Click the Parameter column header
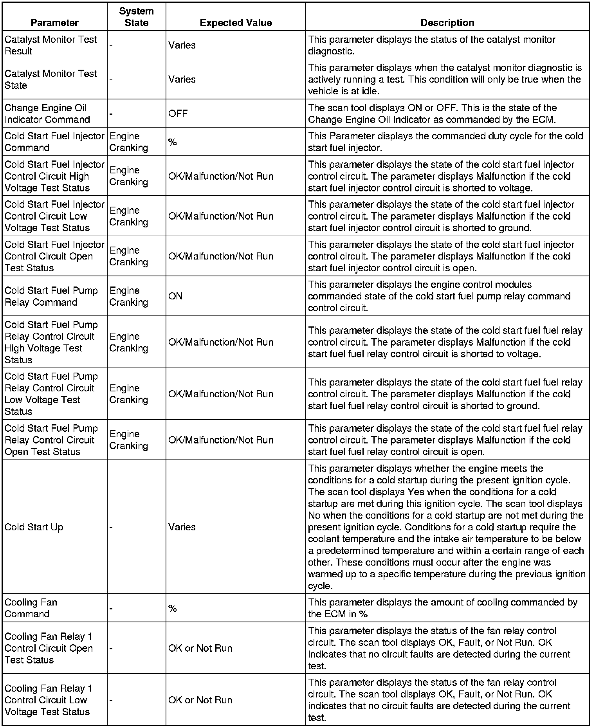click(x=54, y=23)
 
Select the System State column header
click(x=136, y=17)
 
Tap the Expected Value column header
click(x=236, y=23)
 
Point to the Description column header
click(x=447, y=23)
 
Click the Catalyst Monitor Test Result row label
click(x=50, y=45)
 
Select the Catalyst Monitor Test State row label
click(x=50, y=79)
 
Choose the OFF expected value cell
click(x=178, y=114)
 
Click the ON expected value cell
click(x=175, y=296)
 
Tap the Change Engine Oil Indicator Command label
click(x=47, y=114)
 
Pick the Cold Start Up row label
click(x=34, y=527)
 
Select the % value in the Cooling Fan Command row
click(x=172, y=608)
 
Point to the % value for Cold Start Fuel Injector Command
click(x=172, y=142)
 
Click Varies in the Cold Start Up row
click(x=182, y=527)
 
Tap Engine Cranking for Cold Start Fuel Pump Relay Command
click(x=129, y=296)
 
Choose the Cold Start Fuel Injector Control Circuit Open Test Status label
click(x=54, y=256)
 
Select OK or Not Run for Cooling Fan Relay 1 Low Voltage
click(x=200, y=700)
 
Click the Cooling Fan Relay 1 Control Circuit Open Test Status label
click(x=49, y=648)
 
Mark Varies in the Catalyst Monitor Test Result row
click(x=182, y=45)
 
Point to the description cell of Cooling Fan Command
click(x=442, y=608)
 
